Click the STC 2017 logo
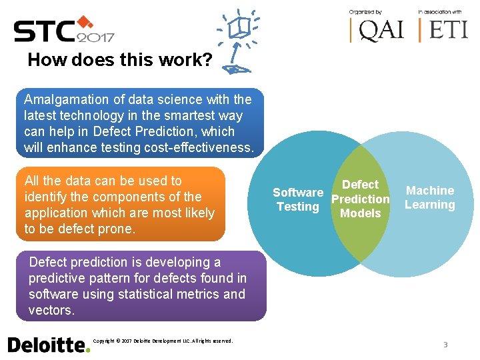[63, 30]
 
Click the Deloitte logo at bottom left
[48, 344]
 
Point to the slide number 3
[445, 345]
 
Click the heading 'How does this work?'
[120, 61]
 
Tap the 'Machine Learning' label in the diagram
[430, 198]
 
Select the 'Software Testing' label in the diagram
[298, 199]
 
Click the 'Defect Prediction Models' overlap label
[360, 199]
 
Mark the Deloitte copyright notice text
[163, 341]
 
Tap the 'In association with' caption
[440, 11]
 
